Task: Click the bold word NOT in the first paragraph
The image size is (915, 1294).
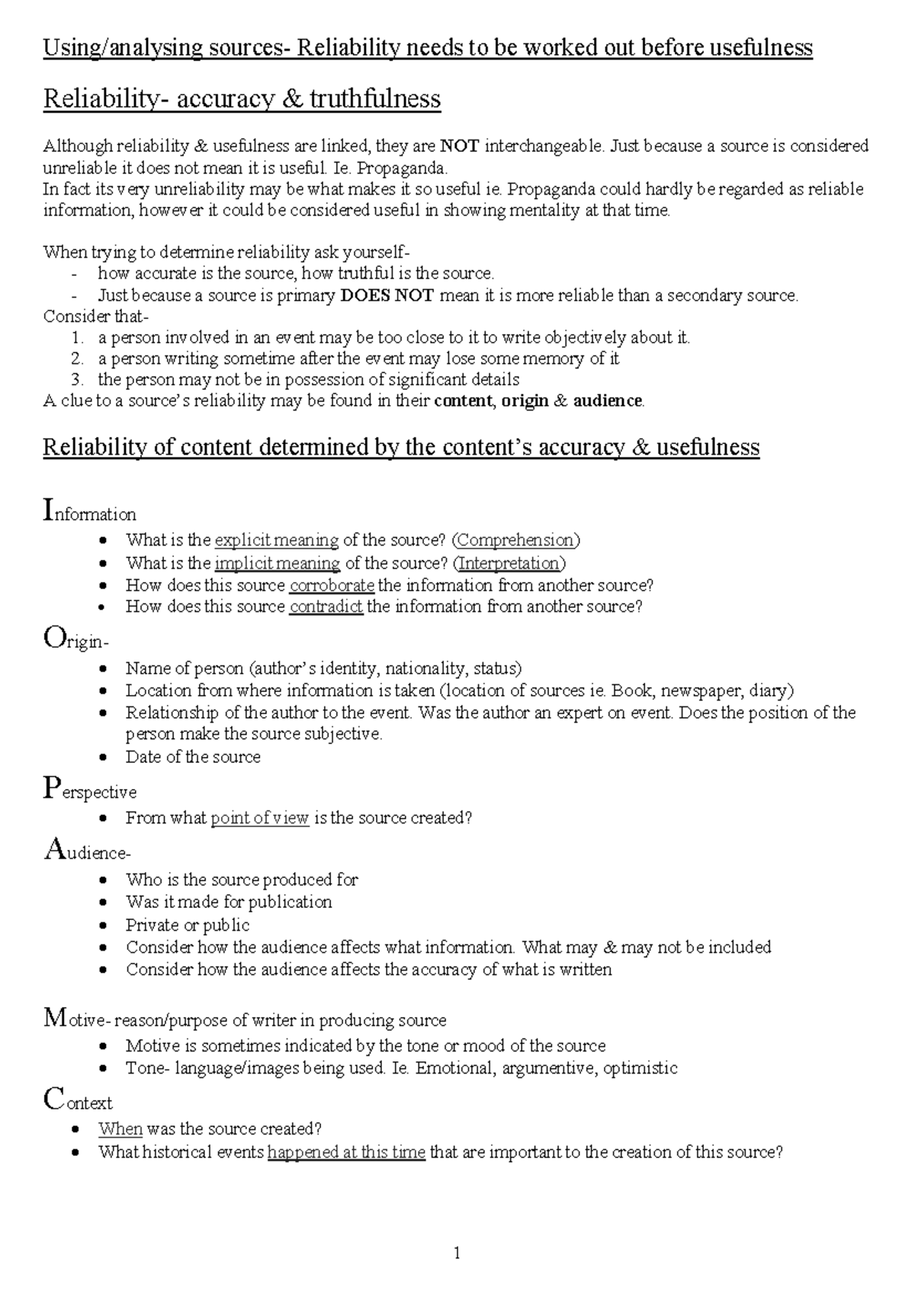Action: click(x=460, y=146)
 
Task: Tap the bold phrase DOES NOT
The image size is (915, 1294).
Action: click(x=387, y=295)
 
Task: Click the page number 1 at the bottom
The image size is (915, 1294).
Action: click(x=457, y=1253)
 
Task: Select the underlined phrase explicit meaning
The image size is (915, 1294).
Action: click(x=277, y=540)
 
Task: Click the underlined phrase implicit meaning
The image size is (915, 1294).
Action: click(x=278, y=563)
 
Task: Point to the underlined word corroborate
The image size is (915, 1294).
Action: click(x=332, y=585)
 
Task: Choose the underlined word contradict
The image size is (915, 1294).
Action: click(x=326, y=607)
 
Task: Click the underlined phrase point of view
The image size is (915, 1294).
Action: click(x=259, y=818)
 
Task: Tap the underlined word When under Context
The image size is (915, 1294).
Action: click(x=120, y=1128)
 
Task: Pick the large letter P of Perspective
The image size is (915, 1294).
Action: click(x=50, y=787)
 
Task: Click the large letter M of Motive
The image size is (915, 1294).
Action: click(x=56, y=1017)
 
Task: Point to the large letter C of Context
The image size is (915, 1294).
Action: click(x=53, y=1099)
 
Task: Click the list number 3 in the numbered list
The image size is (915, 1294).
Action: click(x=76, y=379)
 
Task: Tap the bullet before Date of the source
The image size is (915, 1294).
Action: click(x=104, y=758)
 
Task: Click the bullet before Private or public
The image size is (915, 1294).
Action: click(x=104, y=925)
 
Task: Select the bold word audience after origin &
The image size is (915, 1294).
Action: click(x=608, y=401)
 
